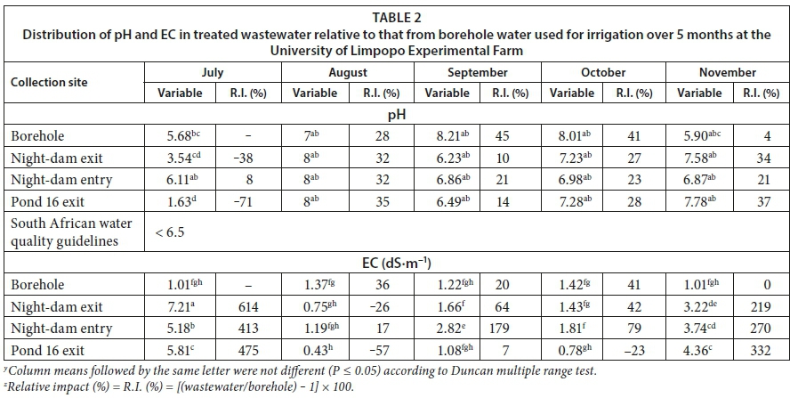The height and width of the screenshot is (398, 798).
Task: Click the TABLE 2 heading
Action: point(398,15)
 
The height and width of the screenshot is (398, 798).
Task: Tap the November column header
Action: point(727,73)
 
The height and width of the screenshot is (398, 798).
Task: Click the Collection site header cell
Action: point(50,83)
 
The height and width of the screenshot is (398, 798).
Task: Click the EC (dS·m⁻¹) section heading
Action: point(398,263)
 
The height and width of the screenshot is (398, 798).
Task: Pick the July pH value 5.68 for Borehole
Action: point(181,136)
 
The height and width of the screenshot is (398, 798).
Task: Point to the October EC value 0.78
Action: point(573,348)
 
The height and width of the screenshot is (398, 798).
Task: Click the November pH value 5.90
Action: point(701,136)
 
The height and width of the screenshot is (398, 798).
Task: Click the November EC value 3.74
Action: point(701,328)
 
